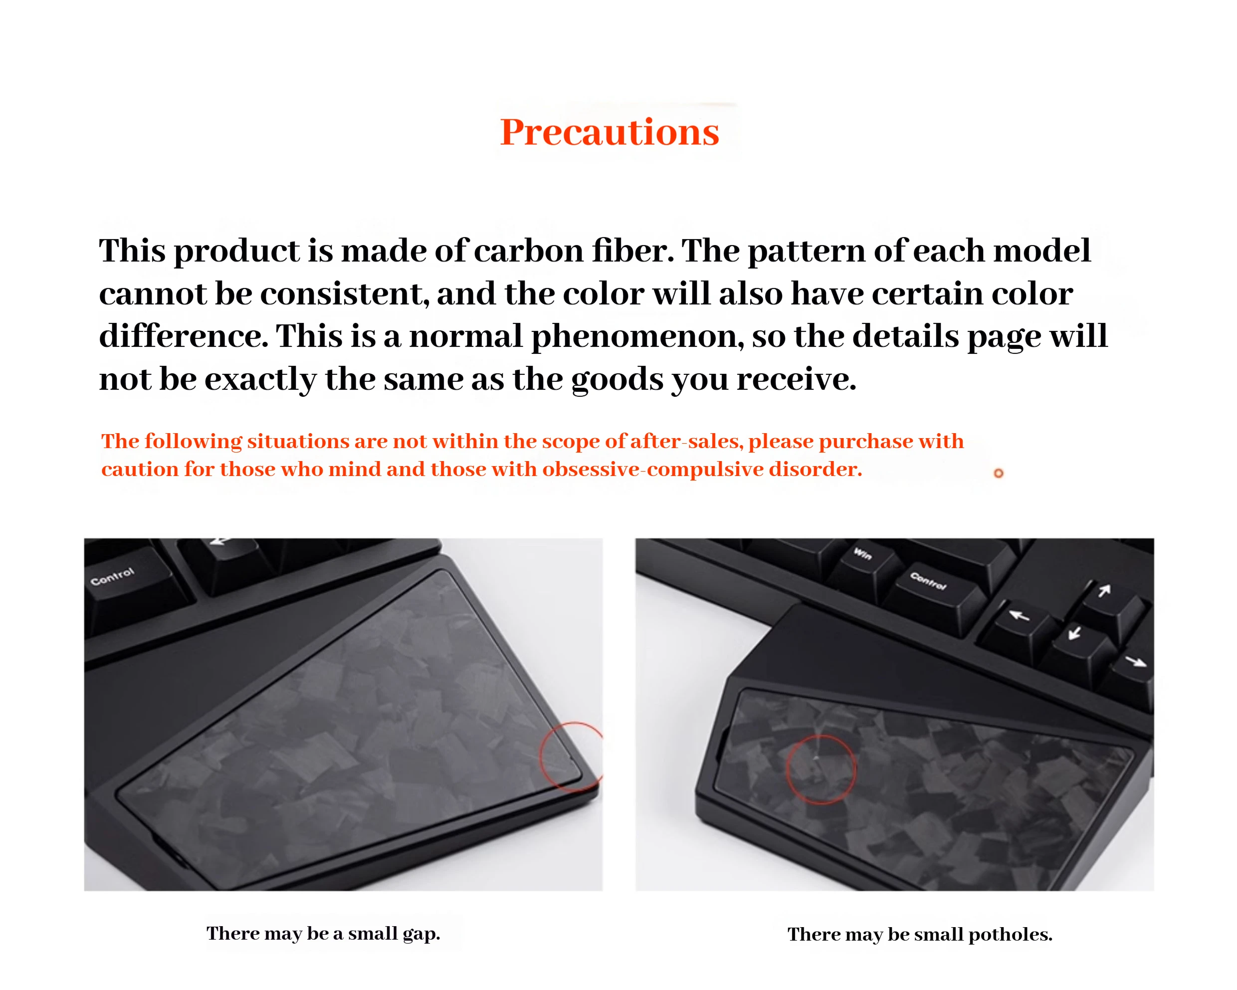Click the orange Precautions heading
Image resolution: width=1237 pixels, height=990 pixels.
click(x=610, y=132)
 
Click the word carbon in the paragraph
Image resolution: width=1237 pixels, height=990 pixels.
click(x=528, y=251)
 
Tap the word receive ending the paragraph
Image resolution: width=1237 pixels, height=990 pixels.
click(x=797, y=379)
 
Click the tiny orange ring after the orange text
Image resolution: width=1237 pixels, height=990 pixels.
click(x=998, y=473)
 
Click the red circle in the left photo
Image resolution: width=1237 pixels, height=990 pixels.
click(x=541, y=757)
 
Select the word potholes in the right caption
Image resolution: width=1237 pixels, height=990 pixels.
click(x=1011, y=934)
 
